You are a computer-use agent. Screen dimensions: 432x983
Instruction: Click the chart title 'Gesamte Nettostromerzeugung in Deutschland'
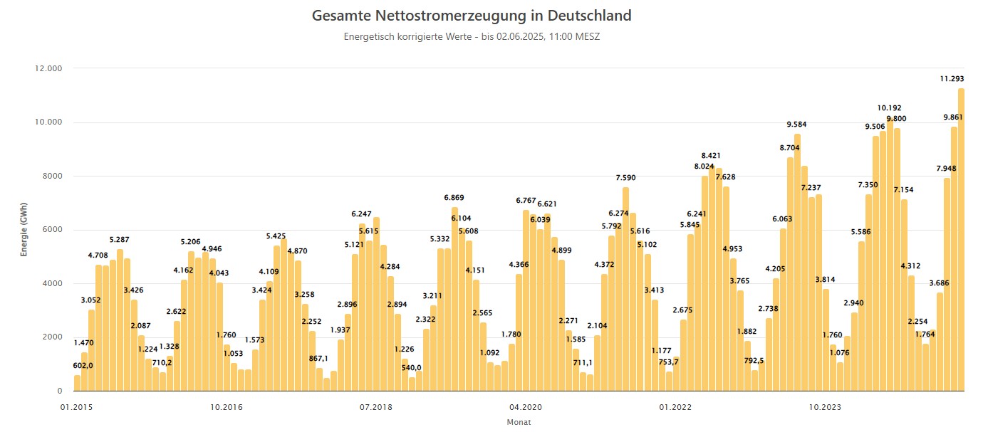pyautogui.click(x=472, y=16)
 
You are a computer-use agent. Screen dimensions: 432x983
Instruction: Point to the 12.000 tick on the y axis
pyautogui.click(x=48, y=68)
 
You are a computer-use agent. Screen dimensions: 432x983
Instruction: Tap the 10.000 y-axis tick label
pyautogui.click(x=48, y=122)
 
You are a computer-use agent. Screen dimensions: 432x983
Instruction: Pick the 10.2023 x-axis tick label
pyautogui.click(x=825, y=407)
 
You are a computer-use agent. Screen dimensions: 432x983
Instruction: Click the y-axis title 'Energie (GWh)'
pyautogui.click(x=24, y=230)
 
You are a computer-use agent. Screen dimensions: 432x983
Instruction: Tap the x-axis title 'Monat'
pyautogui.click(x=518, y=422)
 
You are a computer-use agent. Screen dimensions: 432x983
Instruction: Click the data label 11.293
pyautogui.click(x=952, y=79)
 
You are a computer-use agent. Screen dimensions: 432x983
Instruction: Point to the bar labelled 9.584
pyautogui.click(x=797, y=263)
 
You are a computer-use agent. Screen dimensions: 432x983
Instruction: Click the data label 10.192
pyautogui.click(x=890, y=108)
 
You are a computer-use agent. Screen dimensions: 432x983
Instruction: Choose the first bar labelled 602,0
pyautogui.click(x=77, y=383)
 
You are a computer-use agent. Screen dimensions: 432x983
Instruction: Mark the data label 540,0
pyautogui.click(x=412, y=368)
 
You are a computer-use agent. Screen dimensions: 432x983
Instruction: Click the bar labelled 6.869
pyautogui.click(x=454, y=299)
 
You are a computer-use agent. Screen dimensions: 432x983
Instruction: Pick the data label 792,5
pyautogui.click(x=754, y=360)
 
